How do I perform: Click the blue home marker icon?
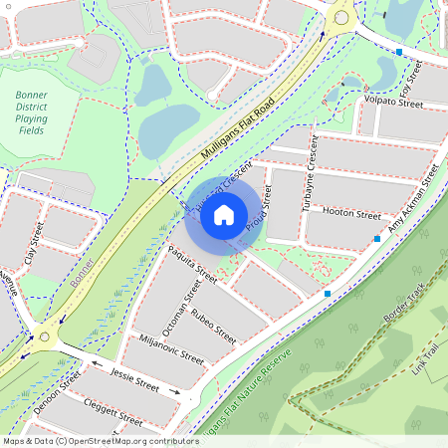click(x=224, y=213)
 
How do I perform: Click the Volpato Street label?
click(x=393, y=100)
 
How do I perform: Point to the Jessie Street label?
click(x=135, y=382)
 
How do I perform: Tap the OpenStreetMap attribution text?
click(x=101, y=440)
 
